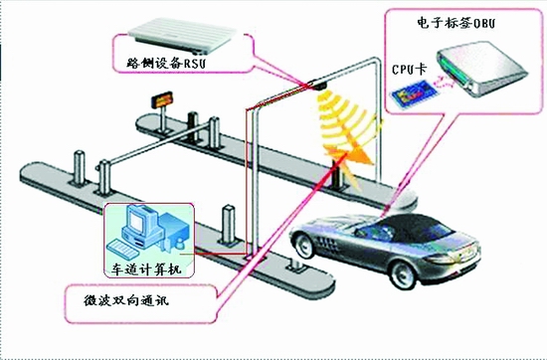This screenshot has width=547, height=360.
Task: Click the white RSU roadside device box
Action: coord(182,24)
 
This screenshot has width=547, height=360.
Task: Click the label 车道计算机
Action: coord(147,270)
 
